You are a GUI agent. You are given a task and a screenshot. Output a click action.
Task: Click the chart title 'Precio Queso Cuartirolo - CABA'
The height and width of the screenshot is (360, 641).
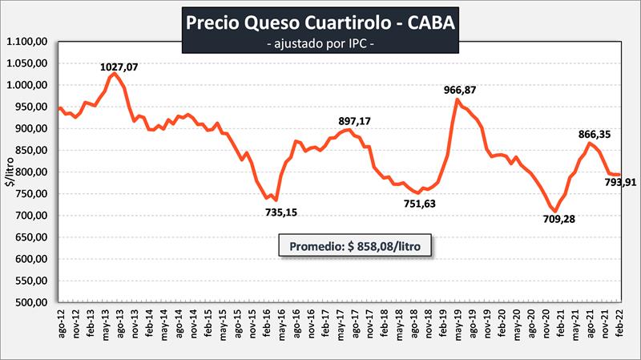click(x=320, y=22)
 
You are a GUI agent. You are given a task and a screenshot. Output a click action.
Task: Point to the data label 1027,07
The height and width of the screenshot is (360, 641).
click(x=118, y=67)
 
